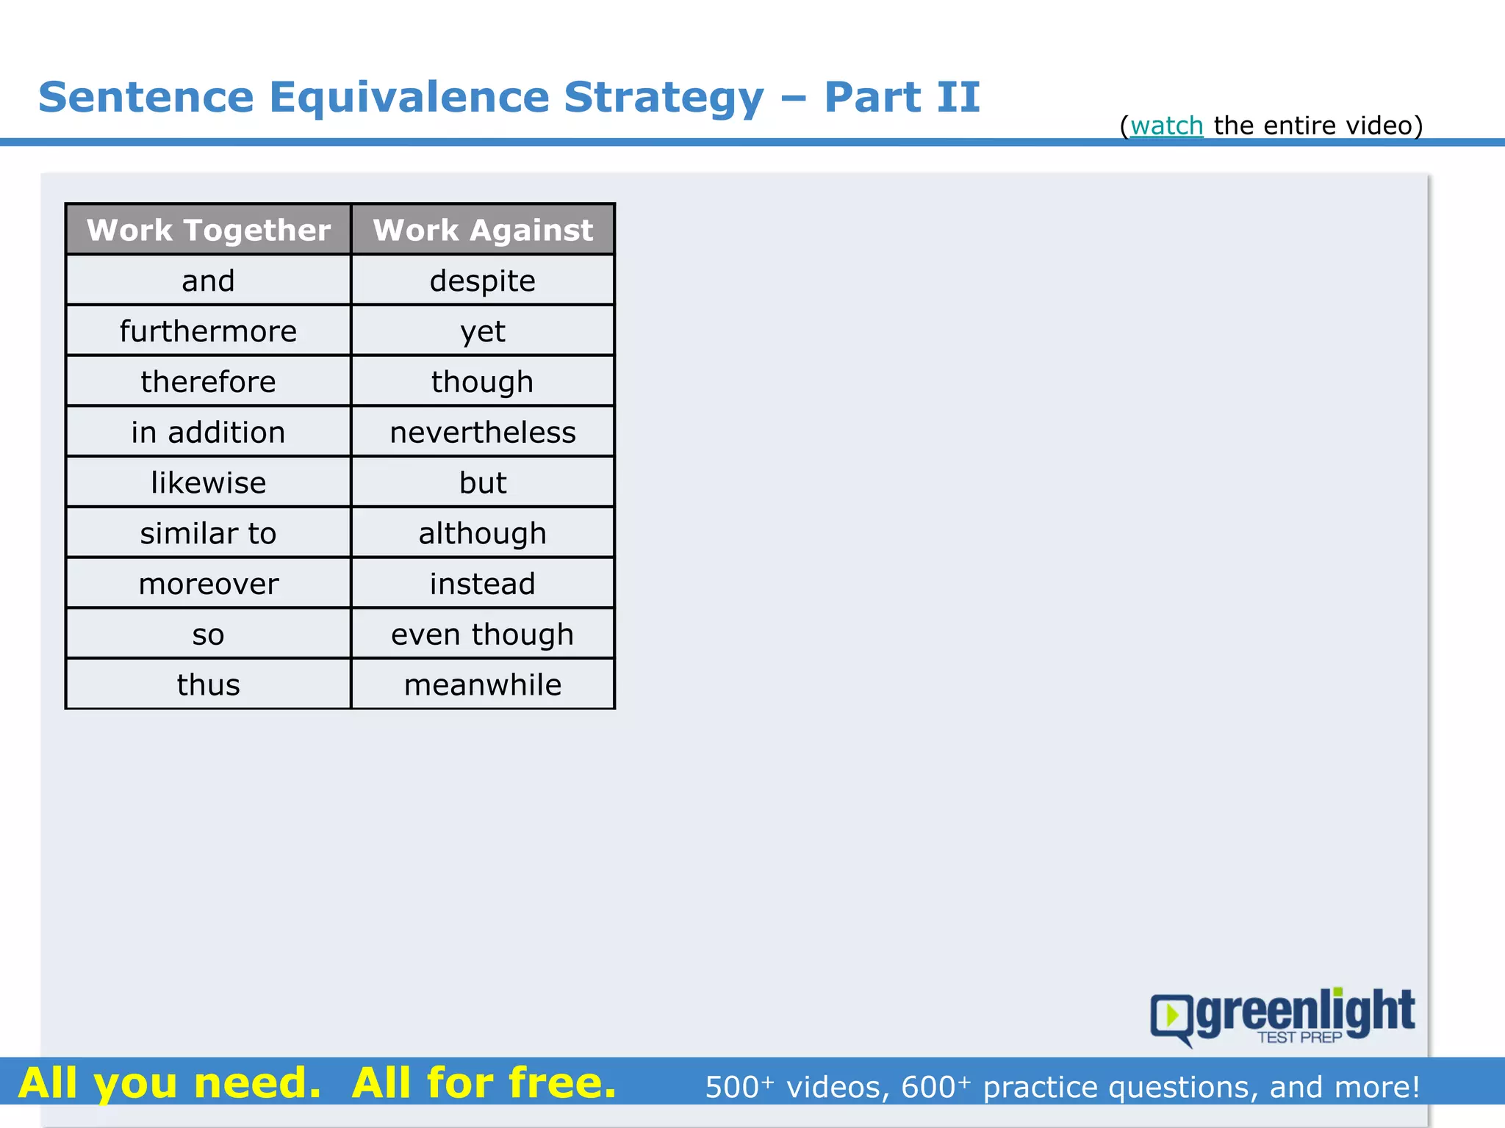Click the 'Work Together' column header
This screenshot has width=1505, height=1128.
coord(208,230)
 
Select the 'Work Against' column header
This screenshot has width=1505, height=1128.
coord(483,230)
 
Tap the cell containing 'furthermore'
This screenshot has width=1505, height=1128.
coord(208,331)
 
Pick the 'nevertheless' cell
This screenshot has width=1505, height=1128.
coord(483,432)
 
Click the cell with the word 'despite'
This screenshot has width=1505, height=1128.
coord(483,281)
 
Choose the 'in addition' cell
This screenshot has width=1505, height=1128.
coord(208,432)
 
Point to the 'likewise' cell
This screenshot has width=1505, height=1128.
coord(208,482)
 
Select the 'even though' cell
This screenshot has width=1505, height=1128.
coord(483,634)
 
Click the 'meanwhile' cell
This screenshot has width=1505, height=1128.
coord(483,684)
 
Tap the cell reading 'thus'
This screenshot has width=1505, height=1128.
coord(208,684)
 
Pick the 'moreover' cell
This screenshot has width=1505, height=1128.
coord(208,584)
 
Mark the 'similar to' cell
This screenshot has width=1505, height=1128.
coord(208,533)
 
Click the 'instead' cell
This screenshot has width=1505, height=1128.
coord(483,584)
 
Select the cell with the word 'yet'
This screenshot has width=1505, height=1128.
coord(483,331)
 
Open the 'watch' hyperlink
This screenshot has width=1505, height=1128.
coord(1166,126)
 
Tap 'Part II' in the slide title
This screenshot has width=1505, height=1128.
coord(902,97)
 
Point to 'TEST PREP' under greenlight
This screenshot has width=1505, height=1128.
coord(1299,1038)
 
